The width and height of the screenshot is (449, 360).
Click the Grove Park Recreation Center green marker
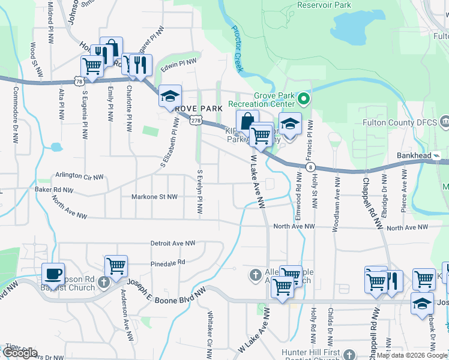[304, 98]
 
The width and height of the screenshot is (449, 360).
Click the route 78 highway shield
[79, 80]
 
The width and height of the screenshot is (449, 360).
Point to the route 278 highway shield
[195, 121]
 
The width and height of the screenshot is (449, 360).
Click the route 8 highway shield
[309, 166]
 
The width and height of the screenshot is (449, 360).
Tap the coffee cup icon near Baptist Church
[53, 273]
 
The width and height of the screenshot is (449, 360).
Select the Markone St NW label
[155, 197]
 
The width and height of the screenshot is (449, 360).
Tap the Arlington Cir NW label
[79, 175]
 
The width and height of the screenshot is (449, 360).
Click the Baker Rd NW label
[53, 190]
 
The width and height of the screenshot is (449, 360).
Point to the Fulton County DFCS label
[397, 122]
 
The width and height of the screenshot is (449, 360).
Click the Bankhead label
[414, 155]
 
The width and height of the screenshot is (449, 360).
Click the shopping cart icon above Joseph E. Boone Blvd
[116, 265]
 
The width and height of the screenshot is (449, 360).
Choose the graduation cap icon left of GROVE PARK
[170, 95]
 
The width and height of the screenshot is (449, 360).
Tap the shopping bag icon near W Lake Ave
[247, 121]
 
